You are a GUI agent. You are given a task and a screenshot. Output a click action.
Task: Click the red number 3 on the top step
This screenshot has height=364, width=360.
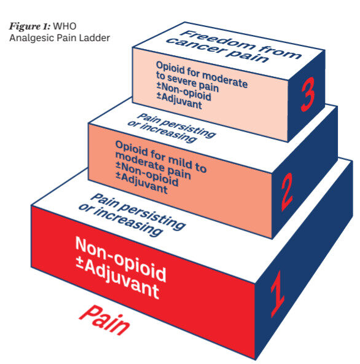[x=308, y=94]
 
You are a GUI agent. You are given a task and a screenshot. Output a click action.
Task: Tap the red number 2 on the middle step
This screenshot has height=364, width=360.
[x=287, y=192]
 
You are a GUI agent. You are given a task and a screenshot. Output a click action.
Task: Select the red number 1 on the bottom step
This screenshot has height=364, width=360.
[x=278, y=294]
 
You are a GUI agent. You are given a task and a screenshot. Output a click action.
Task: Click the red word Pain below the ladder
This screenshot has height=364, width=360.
[x=104, y=320]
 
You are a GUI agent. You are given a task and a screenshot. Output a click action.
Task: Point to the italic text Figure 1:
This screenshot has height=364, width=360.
[x=29, y=26]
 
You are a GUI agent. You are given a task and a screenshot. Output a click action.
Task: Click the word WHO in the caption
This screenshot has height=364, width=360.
[x=65, y=26]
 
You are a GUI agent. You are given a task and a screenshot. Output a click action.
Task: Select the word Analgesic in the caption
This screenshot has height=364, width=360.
[x=27, y=38]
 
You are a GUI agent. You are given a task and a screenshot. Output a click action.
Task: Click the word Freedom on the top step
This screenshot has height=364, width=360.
[x=217, y=42]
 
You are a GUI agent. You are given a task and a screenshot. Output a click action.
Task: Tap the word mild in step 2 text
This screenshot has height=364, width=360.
[x=180, y=161]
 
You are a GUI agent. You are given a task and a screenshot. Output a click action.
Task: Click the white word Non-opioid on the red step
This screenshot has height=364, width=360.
[x=120, y=259]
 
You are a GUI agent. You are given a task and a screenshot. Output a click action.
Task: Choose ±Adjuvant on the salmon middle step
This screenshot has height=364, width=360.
[x=141, y=183]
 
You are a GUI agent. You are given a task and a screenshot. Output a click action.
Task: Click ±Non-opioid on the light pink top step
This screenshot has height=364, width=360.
[x=184, y=92]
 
